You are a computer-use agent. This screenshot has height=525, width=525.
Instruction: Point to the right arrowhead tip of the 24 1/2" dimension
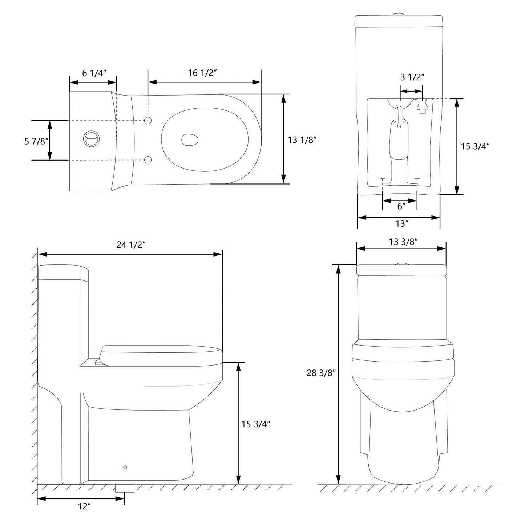point(222,254)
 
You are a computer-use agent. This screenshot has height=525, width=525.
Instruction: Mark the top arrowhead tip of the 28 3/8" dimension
point(338,265)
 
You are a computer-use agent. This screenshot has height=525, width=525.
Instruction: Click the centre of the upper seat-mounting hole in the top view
point(148,120)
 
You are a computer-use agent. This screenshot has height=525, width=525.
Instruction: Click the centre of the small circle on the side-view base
point(125,468)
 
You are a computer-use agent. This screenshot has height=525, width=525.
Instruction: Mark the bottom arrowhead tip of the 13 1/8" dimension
point(284,183)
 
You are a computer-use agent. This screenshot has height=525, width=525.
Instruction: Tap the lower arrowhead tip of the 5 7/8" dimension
point(49,160)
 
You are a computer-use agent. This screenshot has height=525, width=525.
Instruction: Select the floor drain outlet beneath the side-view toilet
point(125,488)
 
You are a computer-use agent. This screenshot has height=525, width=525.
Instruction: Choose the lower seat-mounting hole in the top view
point(148,159)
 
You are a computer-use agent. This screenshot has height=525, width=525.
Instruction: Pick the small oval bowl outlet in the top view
point(190,140)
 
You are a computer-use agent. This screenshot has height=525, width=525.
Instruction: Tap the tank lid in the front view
point(401,270)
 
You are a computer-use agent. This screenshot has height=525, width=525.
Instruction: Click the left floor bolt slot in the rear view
point(383,179)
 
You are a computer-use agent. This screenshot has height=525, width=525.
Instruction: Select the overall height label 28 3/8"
point(320,373)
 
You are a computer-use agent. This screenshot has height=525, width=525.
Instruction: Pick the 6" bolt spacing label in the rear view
point(401,206)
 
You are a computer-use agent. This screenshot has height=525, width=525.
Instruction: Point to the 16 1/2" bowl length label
point(202,73)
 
